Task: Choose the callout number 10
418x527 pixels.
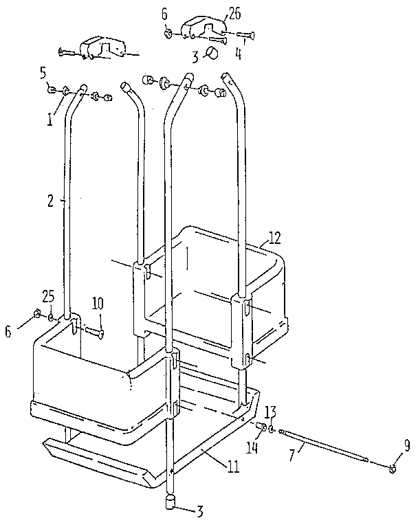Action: point(98,303)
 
